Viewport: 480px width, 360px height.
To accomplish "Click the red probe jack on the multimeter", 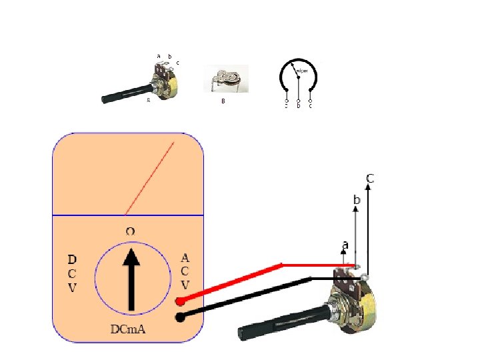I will click(x=180, y=301).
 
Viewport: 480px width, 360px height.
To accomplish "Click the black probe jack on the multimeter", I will click(x=180, y=317).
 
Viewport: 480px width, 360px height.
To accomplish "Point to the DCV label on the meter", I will click(x=73, y=273).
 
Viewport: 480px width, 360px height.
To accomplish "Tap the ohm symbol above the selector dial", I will click(x=131, y=231).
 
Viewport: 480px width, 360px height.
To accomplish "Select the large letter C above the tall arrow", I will click(x=369, y=178).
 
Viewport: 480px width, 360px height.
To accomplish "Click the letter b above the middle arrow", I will click(x=357, y=199).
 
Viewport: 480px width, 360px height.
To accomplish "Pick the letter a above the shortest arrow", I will click(x=345, y=245).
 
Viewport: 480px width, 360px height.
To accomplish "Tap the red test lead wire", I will click(x=233, y=282).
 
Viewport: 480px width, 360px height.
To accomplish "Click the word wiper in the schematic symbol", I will click(x=301, y=70).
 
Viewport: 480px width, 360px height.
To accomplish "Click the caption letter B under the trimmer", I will click(x=223, y=102).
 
